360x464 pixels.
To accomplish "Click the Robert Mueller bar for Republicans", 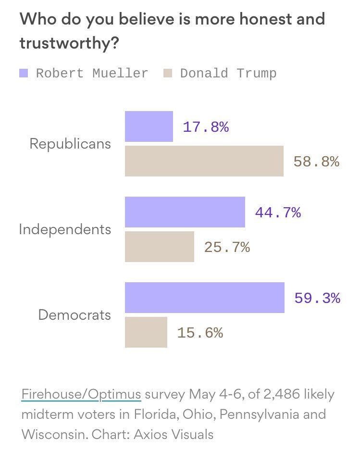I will point(149,126).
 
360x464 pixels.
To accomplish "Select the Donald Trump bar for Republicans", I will point(204,161).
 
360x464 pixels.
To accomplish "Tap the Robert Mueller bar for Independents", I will point(185,212).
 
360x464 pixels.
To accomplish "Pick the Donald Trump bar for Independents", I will point(160,247).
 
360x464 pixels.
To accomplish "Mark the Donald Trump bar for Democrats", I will point(146,332).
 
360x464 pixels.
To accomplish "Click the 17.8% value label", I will point(205,127).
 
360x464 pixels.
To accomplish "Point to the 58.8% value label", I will point(316,162).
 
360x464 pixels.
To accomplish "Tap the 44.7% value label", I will point(278,213).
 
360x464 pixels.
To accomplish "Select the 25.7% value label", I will point(227,247).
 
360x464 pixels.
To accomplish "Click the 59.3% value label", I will point(317,298).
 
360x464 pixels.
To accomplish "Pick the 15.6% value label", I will point(200,333).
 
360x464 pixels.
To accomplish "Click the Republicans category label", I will point(70,144).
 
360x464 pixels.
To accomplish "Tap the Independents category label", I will point(65,229).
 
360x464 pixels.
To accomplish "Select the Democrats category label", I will point(74,315).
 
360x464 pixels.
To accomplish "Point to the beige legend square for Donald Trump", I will point(168,74).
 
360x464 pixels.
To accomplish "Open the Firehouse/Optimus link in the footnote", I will point(81,394).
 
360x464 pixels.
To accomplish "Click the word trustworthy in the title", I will point(65,43).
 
